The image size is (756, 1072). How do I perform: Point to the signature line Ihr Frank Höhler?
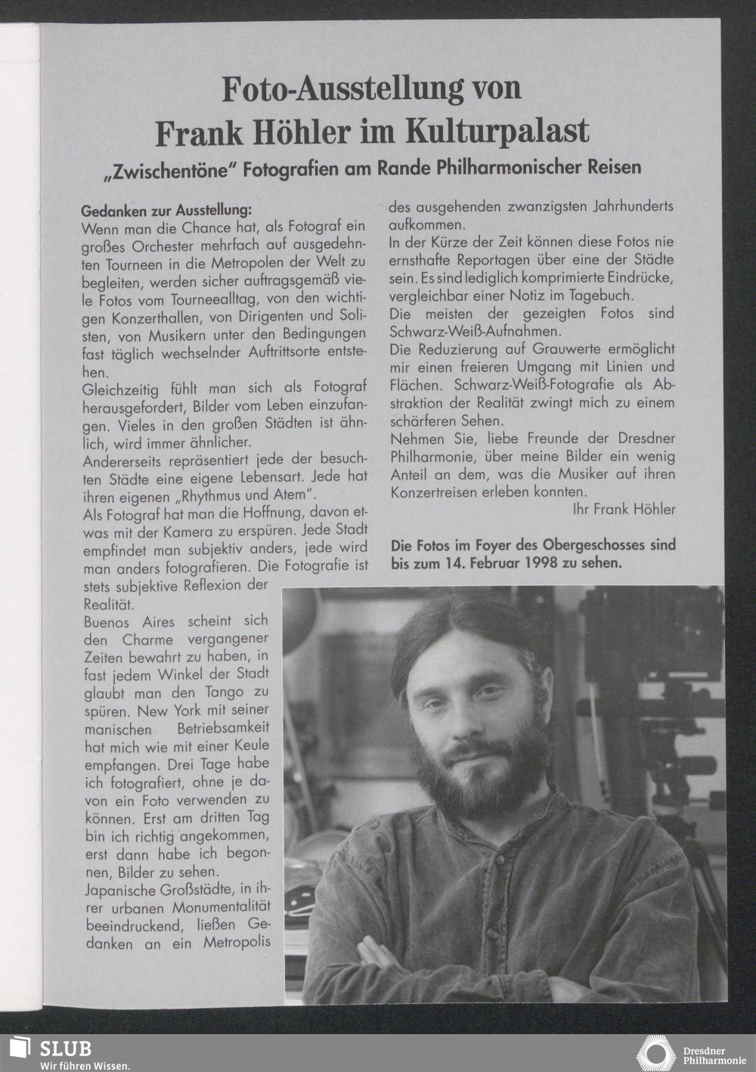click(x=624, y=510)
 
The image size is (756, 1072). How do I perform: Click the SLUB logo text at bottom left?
click(x=66, y=1049)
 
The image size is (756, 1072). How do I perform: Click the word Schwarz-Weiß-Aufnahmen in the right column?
click(x=475, y=331)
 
